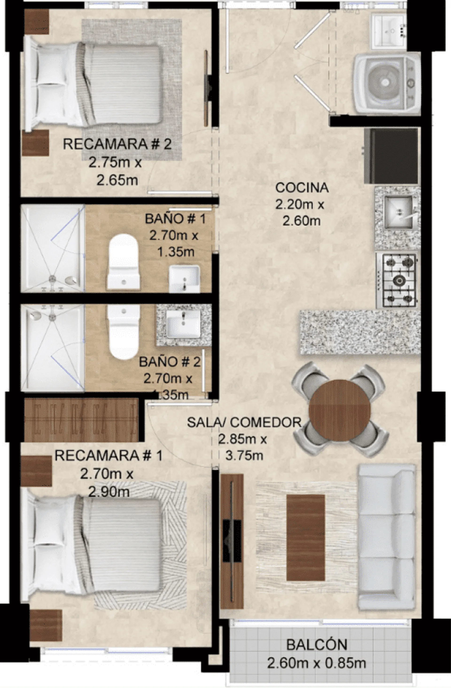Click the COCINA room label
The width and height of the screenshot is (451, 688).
302,188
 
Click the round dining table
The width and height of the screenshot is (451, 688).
340,410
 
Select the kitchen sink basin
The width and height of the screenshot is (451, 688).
398,212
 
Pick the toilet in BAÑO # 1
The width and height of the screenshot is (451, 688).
124,262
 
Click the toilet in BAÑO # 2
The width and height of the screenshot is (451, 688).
124,332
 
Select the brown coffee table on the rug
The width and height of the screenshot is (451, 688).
306,537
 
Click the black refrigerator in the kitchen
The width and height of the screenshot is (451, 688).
391,156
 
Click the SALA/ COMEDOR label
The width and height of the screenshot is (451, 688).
244,422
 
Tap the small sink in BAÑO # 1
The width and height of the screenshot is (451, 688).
184,279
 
